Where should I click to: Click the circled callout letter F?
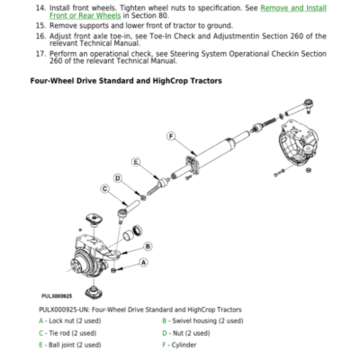click(171, 137)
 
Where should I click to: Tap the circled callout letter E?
click(136, 162)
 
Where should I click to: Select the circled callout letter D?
click(118, 178)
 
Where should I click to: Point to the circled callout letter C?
click(104, 189)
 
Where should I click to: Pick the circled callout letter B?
click(148, 247)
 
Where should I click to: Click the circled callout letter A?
click(144, 263)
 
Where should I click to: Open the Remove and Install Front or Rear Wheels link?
click(188, 12)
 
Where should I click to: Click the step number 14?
click(40, 8)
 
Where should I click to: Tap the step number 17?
click(40, 54)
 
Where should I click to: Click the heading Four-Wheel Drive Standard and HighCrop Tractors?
click(126, 81)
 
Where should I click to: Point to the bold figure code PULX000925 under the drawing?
click(57, 296)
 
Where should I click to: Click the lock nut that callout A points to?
click(113, 271)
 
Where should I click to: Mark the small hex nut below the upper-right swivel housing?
click(308, 170)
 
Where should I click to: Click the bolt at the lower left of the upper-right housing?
click(279, 173)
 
